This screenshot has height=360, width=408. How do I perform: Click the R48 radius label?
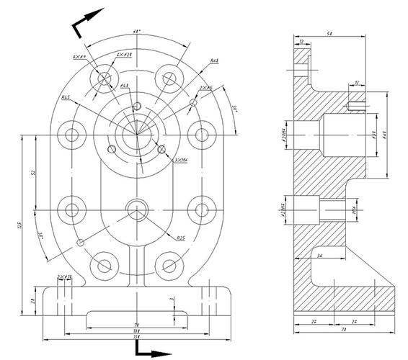(214, 62)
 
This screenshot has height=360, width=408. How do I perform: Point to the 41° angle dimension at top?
(136, 32)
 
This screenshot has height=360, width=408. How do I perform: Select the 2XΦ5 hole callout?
(205, 88)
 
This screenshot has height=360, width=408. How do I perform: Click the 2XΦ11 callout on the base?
(65, 276)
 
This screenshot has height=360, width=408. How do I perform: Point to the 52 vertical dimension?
(34, 174)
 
